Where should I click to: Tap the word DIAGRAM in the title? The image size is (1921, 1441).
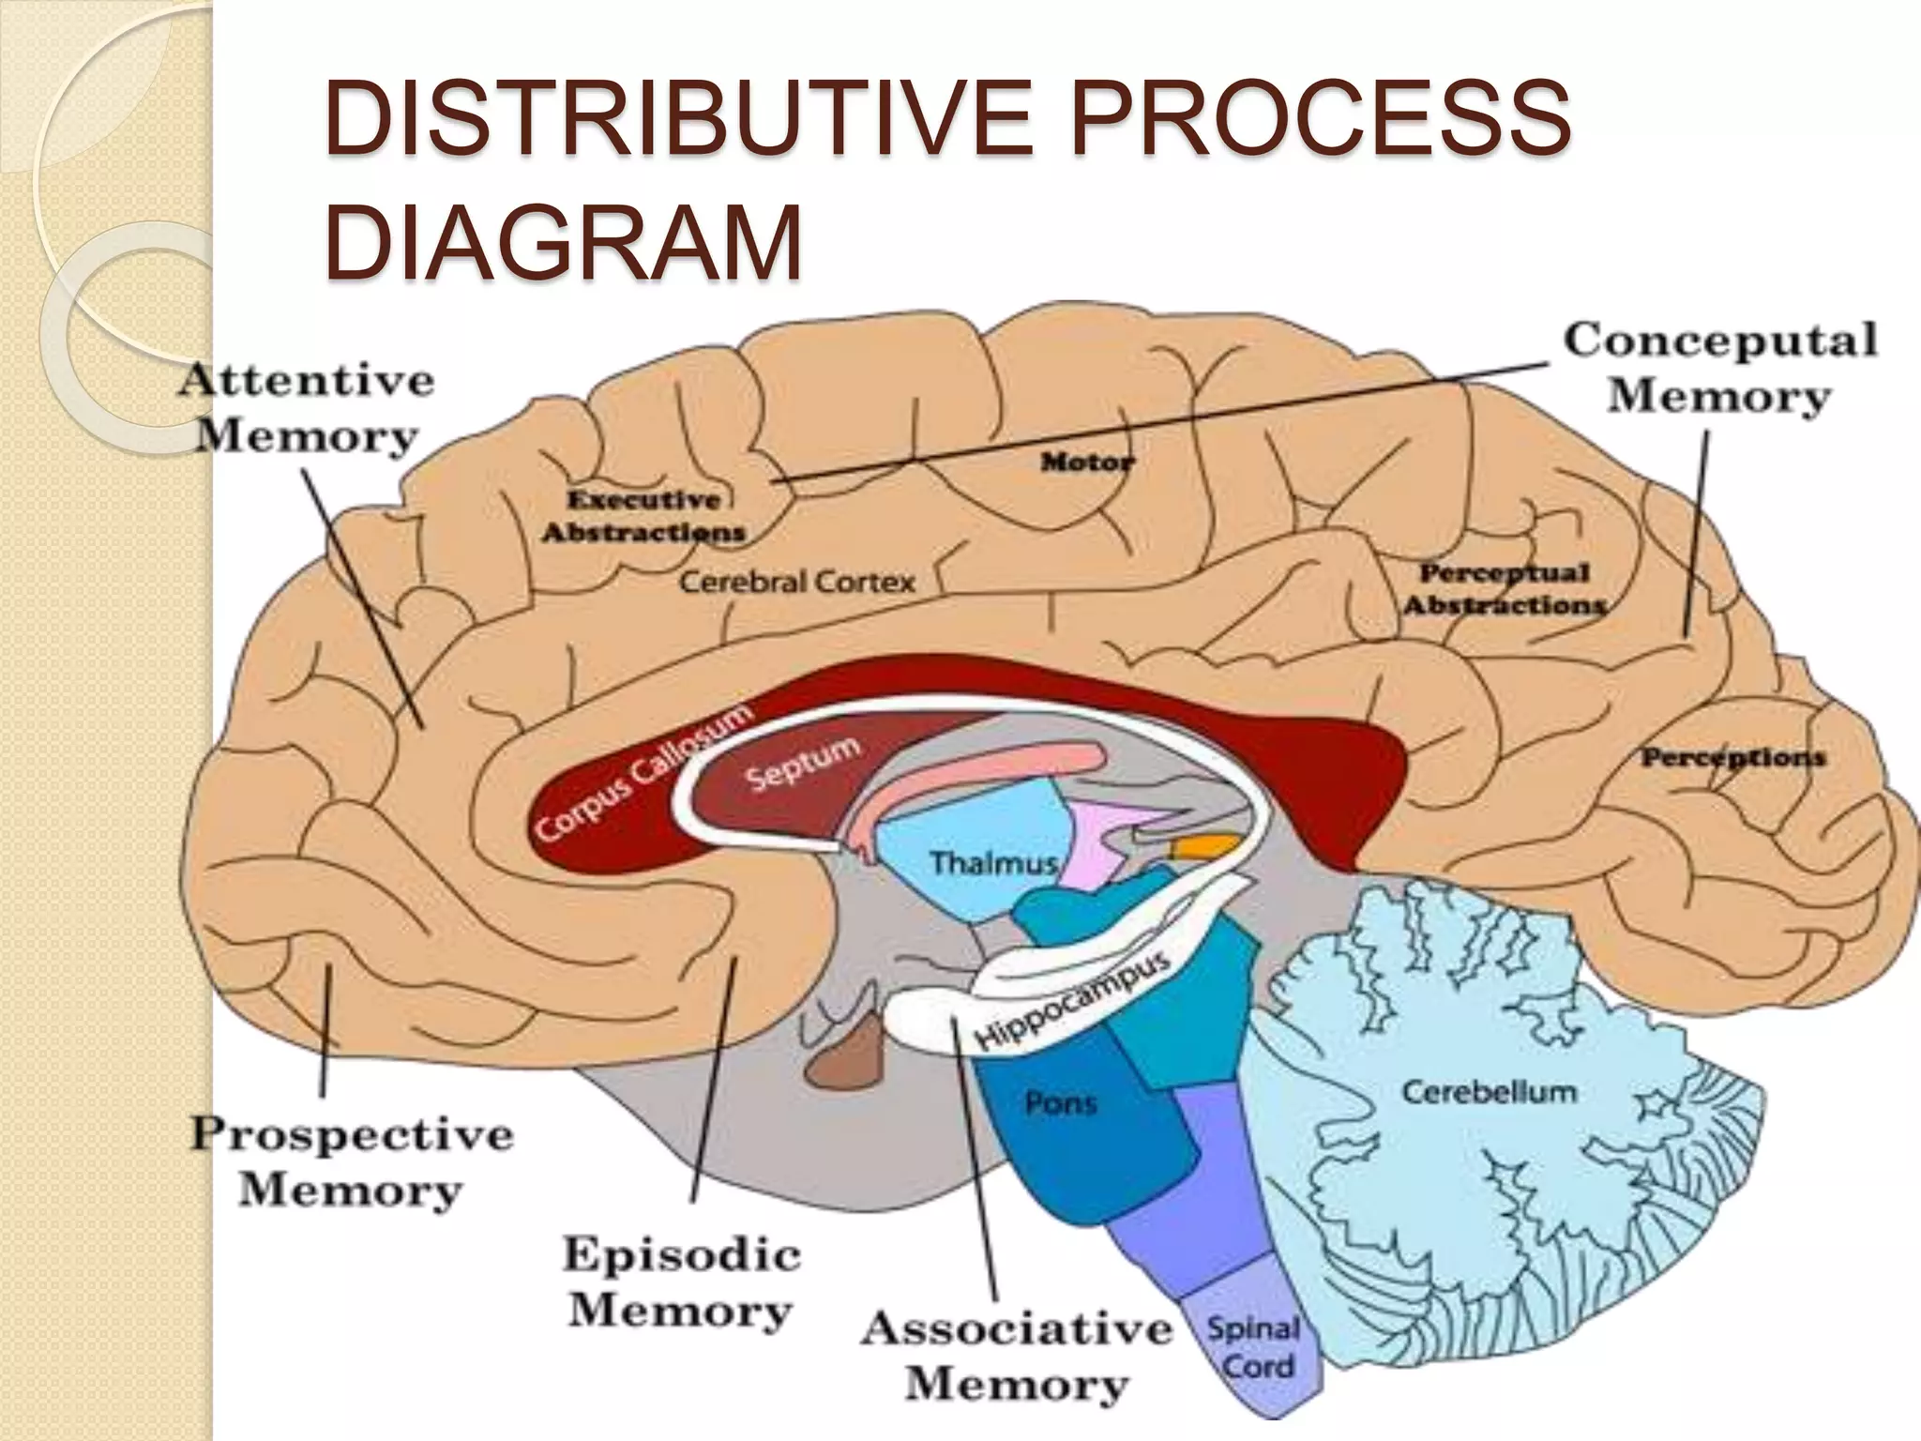click(564, 242)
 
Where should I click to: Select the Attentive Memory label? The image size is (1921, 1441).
click(307, 408)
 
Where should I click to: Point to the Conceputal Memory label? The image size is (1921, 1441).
click(1719, 368)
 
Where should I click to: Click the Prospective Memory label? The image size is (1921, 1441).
click(352, 1161)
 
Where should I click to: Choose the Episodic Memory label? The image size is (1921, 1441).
click(681, 1282)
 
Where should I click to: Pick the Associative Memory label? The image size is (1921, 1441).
click(1017, 1356)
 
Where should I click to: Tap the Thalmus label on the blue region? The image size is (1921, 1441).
click(993, 861)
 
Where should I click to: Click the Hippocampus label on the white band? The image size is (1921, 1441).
click(1074, 1001)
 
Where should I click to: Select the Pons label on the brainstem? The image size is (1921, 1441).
click(1060, 1103)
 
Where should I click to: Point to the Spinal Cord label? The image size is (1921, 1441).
click(1253, 1347)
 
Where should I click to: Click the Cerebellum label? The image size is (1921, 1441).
click(1489, 1092)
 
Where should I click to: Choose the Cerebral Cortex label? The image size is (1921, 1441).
click(796, 582)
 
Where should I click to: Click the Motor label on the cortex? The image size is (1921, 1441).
click(1087, 462)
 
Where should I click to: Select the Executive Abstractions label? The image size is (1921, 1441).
click(643, 515)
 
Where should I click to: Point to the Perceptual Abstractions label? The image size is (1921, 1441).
click(1505, 588)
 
